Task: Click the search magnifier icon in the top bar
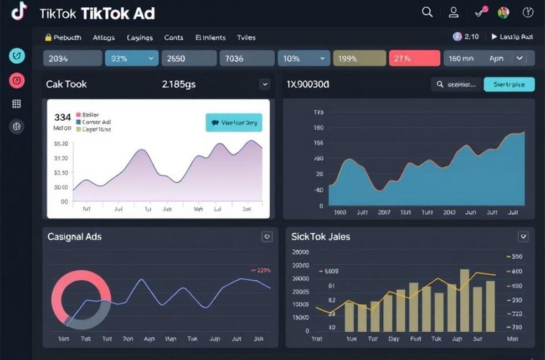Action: pos(427,12)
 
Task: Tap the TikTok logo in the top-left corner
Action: pos(19,11)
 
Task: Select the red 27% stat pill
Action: pos(414,58)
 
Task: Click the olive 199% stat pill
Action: pos(359,58)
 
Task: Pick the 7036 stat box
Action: pos(246,58)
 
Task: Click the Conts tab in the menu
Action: pos(173,38)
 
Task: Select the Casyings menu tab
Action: pos(140,38)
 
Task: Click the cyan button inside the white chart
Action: pos(234,122)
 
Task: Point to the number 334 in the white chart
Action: pos(63,117)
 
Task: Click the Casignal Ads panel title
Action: pos(74,236)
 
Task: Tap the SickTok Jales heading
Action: pos(321,236)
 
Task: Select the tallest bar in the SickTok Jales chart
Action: pos(464,300)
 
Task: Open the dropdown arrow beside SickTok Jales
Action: pos(523,236)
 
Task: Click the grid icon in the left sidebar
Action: pos(17,104)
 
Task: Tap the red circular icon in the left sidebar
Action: pos(17,80)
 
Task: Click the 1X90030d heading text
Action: pos(308,84)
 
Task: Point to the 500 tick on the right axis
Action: pos(516,257)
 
